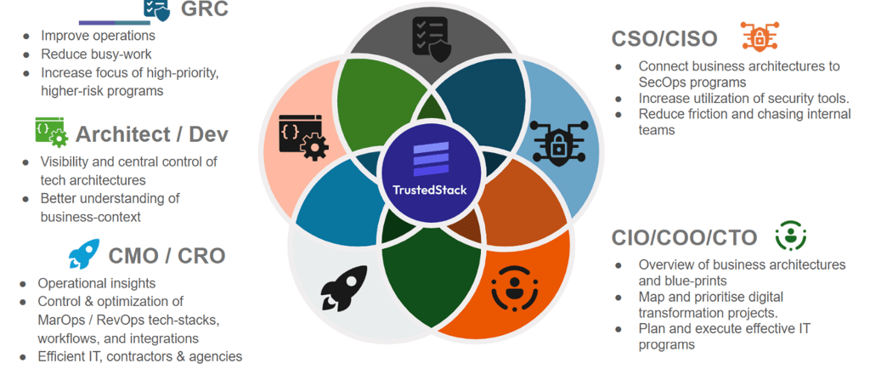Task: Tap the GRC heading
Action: pos(204,10)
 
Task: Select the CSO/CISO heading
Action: pos(664,38)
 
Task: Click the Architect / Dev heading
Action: pos(152,134)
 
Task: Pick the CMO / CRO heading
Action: pos(167,255)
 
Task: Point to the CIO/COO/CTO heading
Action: pos(686,236)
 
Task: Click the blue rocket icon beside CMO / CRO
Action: pos(83,253)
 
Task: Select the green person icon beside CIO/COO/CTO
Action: pos(790,235)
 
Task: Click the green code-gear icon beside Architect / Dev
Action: pos(49,132)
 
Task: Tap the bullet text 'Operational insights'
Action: pos(97,283)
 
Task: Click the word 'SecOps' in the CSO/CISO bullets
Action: pos(663,82)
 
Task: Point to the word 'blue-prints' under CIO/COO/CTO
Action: pos(673,281)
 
